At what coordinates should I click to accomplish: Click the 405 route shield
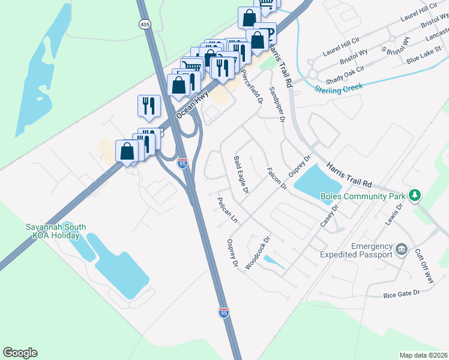[144, 25]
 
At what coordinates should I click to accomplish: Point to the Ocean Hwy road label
[188, 104]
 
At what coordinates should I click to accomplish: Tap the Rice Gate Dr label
[401, 294]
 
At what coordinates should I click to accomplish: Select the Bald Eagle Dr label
[241, 175]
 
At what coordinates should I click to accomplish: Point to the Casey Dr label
[330, 215]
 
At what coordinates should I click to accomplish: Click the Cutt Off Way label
[425, 265]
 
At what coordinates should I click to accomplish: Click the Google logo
[20, 353]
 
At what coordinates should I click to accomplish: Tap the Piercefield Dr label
[252, 88]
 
